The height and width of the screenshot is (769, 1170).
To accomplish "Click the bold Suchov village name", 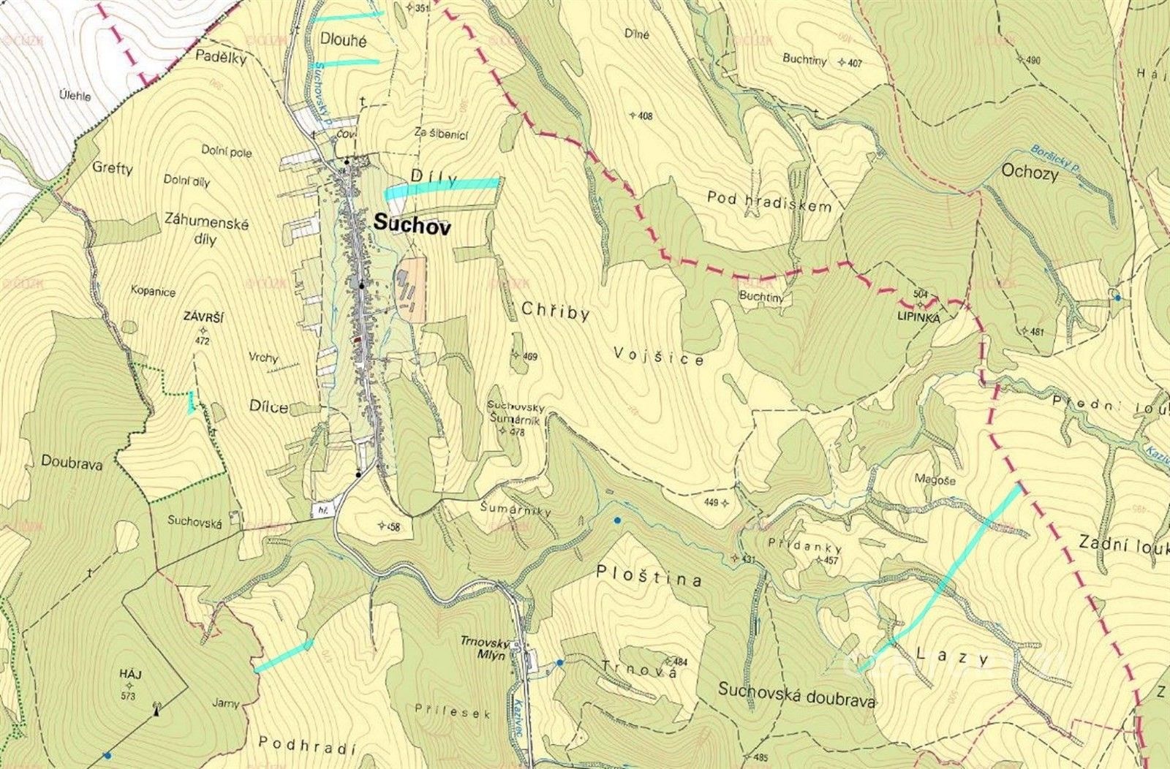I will [412, 225].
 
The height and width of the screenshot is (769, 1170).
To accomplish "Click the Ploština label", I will [649, 576].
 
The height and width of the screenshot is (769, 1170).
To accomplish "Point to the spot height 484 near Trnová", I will [680, 662].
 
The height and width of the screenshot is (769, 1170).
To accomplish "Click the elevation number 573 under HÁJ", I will [129, 695].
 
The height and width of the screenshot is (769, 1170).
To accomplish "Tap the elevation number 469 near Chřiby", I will [529, 356].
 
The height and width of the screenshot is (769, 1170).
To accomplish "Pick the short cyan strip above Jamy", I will [283, 656].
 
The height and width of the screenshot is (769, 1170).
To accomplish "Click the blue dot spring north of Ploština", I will [618, 520].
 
